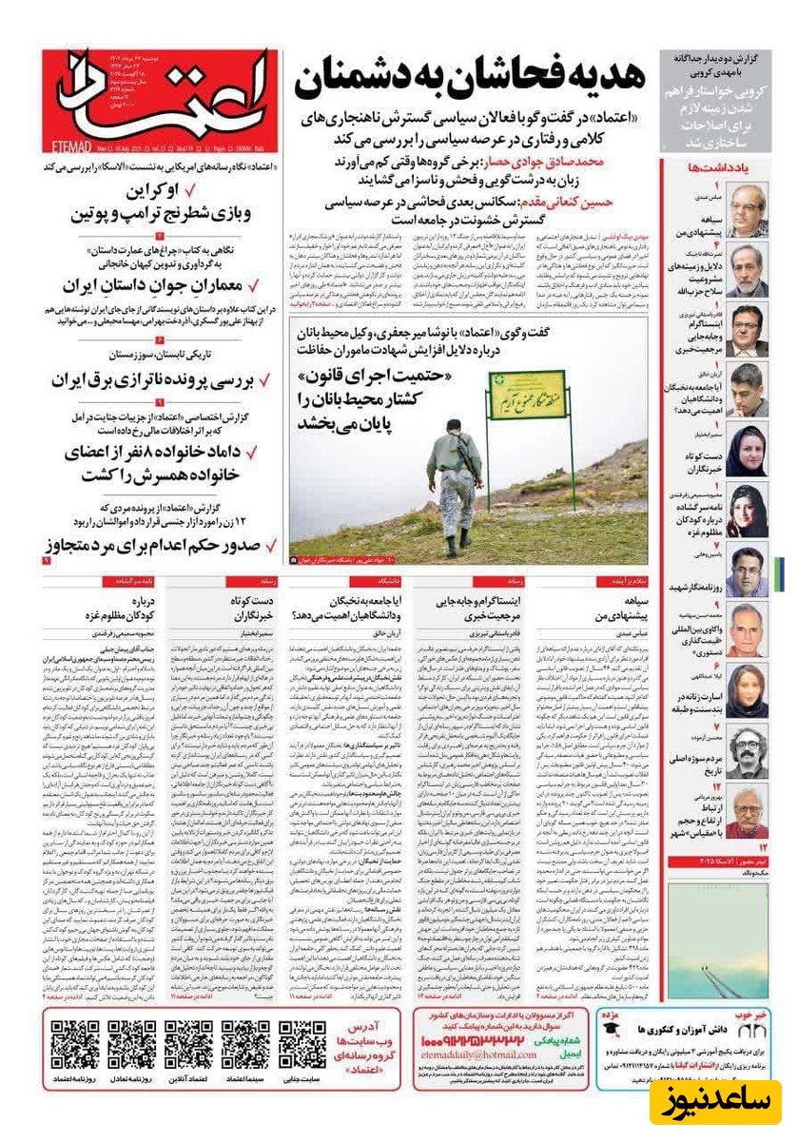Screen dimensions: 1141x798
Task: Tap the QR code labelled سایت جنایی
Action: (302, 1044)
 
